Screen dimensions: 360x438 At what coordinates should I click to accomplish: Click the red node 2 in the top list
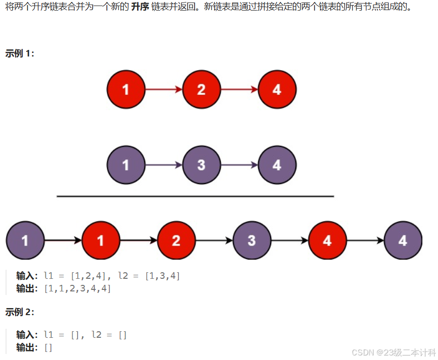[x=201, y=90]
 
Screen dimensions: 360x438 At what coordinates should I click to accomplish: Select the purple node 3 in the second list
[x=201, y=165]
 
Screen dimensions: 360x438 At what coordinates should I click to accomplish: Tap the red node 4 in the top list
[x=277, y=90]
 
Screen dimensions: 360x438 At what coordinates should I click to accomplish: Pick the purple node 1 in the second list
[x=126, y=165]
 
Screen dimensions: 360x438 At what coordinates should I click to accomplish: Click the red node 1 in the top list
[x=126, y=90]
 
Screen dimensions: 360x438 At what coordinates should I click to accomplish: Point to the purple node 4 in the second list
[x=277, y=165]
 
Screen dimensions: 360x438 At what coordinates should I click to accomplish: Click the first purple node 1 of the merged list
[x=25, y=241]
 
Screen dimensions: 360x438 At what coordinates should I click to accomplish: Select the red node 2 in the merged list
[x=176, y=241]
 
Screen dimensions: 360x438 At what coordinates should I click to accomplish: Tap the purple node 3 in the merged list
[x=252, y=241]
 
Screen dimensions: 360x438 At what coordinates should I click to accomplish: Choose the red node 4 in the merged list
[x=327, y=241]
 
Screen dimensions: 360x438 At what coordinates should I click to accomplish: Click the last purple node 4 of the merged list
[x=403, y=241]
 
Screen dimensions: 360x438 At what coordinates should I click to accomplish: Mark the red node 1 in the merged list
[x=101, y=241]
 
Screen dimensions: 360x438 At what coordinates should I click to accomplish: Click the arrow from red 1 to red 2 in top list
[x=163, y=90]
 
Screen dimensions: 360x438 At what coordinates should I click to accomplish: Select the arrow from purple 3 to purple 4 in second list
[x=239, y=165]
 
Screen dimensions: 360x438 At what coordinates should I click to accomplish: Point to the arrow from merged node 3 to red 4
[x=289, y=241]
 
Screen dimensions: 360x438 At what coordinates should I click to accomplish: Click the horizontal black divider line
[x=196, y=196]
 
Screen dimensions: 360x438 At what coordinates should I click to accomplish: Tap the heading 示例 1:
[x=20, y=53]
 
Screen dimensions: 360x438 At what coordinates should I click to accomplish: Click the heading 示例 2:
[x=20, y=312]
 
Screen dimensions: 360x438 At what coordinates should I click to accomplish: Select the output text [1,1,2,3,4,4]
[x=78, y=289]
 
